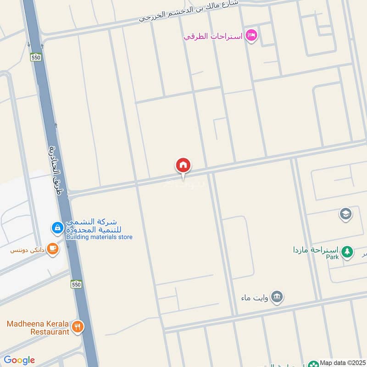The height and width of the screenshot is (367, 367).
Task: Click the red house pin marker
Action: pos(183,165)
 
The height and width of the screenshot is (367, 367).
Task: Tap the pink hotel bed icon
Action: pos(251,35)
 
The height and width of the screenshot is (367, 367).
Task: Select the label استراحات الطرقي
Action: pos(214,36)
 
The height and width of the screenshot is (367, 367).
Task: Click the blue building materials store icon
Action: pos(57,227)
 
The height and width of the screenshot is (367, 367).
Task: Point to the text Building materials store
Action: pos(99,237)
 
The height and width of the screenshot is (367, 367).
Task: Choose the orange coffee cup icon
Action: pos(53,249)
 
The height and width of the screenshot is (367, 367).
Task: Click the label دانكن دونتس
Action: pos(28,250)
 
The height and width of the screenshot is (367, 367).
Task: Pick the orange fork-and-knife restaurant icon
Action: pos(78,327)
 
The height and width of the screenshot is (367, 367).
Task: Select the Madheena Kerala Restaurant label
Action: pos(38,328)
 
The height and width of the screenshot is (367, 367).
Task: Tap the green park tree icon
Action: pos(347,251)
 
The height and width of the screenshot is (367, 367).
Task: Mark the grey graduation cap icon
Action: pos(345,214)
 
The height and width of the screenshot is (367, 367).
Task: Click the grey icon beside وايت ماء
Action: pos(277,297)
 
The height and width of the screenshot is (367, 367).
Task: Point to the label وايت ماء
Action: pos(253,298)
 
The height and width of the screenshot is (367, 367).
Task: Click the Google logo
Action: pos(19,360)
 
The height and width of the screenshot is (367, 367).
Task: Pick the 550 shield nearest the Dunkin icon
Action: pos(76,285)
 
